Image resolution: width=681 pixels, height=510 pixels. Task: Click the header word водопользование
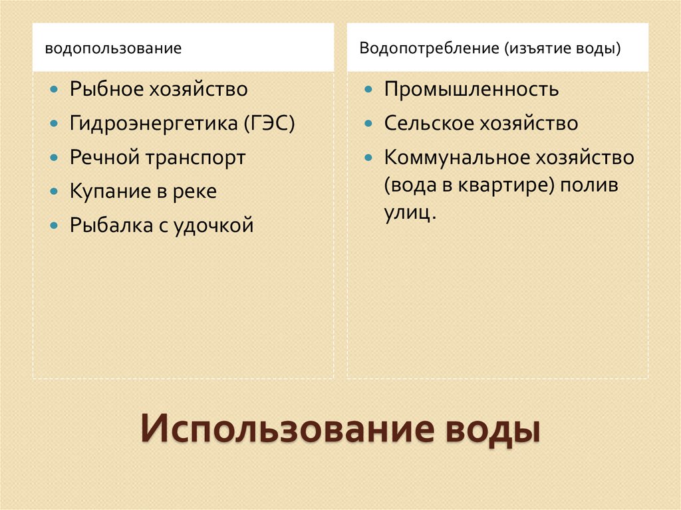(113, 49)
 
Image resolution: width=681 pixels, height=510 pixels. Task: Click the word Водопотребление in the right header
(429, 49)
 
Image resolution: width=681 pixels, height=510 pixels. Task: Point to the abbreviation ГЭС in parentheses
(269, 124)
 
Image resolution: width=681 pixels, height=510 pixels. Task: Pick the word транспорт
(205, 158)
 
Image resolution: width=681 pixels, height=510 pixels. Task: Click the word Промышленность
(471, 89)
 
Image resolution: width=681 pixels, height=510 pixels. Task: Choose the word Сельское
(426, 124)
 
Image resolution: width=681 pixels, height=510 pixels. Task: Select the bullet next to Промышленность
(368, 89)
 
